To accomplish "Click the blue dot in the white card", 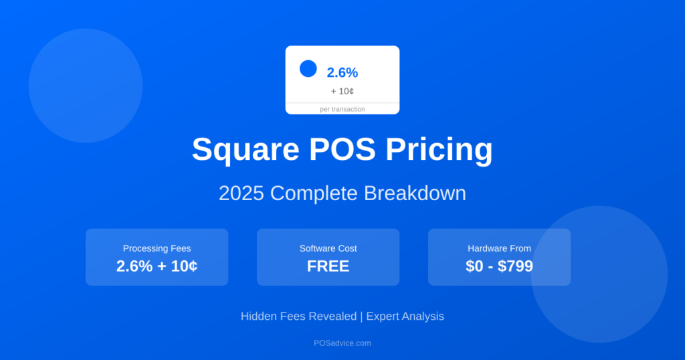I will coord(308,68).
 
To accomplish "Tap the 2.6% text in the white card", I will coord(342,73).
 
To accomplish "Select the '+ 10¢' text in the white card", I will coord(342,91).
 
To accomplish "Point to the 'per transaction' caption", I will coord(342,109).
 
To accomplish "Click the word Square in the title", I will coord(245,150).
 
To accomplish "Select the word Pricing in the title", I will coord(439,150).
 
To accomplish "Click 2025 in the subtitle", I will coord(241,193).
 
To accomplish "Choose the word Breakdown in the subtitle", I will coord(415,193).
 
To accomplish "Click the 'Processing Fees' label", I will coord(157,248).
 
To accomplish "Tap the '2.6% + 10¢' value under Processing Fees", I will coord(157,266).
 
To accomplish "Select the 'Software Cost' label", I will coord(328,248).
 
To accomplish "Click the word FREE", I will coord(328,266).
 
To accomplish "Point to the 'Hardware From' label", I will coord(499,248).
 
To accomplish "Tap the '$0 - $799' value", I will coord(499,266).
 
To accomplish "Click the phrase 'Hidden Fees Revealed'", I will coord(298,316).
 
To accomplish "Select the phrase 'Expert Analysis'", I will coord(405,316).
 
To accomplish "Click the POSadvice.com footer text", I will coord(342,343).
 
